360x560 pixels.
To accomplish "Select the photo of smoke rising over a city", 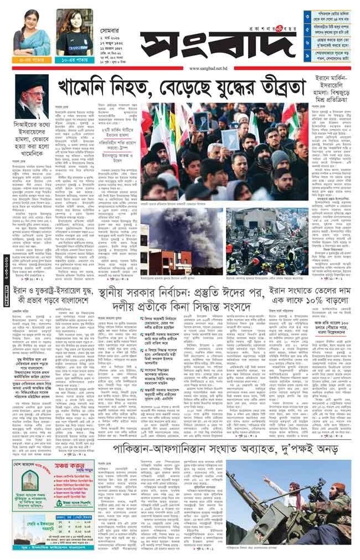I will (x=181, y=233).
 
